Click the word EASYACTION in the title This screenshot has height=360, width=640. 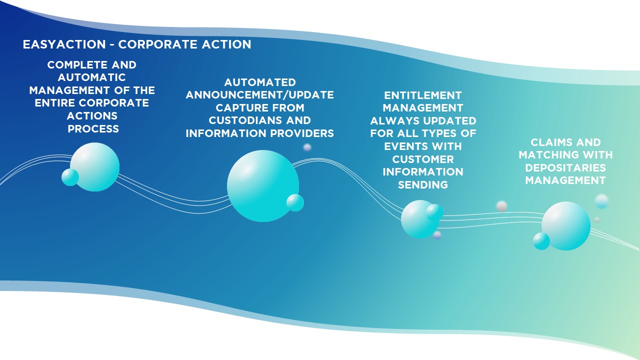(x=64, y=44)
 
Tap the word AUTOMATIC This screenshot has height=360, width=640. (x=91, y=77)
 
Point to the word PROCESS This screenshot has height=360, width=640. (x=93, y=129)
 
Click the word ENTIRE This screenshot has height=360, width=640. (x=54, y=103)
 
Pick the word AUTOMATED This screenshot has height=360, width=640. (x=260, y=82)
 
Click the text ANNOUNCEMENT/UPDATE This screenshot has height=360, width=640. (x=259, y=95)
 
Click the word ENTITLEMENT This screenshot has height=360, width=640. (x=423, y=95)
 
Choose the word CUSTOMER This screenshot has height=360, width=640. (x=423, y=159)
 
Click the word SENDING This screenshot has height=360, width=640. (x=423, y=185)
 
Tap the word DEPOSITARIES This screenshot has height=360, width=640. (x=565, y=167)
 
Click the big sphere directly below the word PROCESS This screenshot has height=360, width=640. (x=95, y=167)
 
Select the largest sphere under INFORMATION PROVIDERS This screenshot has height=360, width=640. (x=263, y=186)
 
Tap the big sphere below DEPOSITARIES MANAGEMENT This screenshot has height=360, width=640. (x=566, y=226)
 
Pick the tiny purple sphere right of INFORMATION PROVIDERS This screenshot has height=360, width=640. (x=307, y=147)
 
